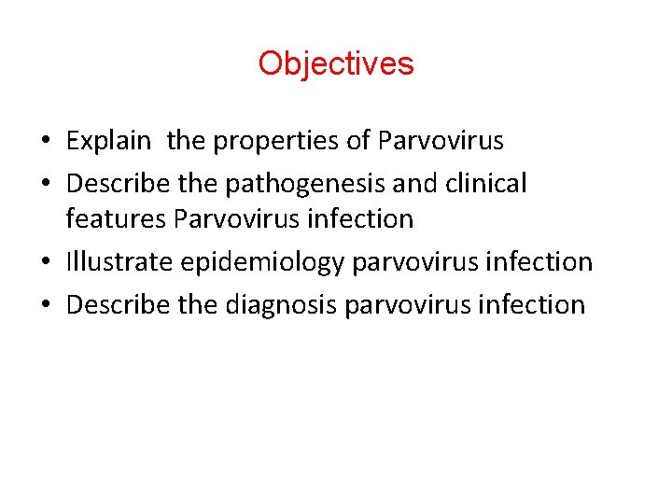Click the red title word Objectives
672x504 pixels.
(x=336, y=63)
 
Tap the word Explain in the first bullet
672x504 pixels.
(x=108, y=142)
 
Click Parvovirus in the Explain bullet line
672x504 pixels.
(x=441, y=142)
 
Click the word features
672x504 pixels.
(x=110, y=219)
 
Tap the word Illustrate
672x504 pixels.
(x=119, y=262)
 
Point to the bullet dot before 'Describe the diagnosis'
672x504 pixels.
(x=44, y=305)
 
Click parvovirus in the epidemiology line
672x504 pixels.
(x=415, y=262)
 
